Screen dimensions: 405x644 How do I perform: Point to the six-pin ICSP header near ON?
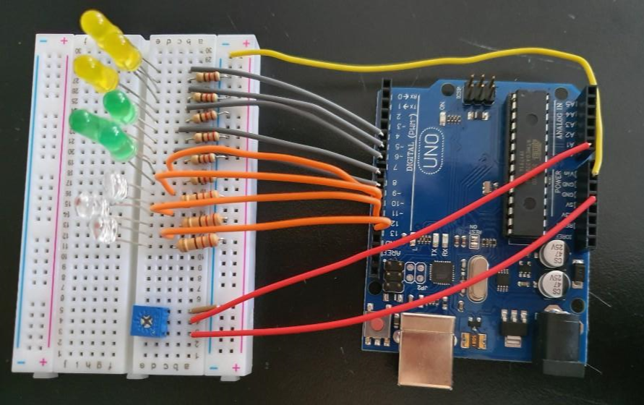point(479,90)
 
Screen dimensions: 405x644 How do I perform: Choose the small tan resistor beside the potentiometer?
point(202,310)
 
